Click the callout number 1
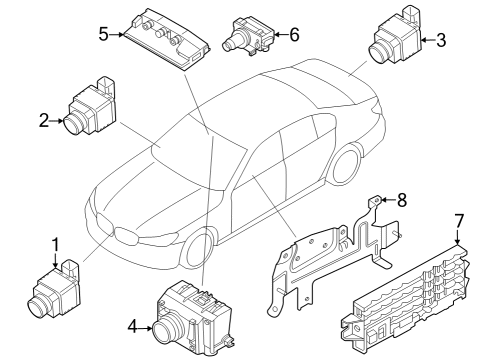click(55, 244)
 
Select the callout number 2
click(44, 121)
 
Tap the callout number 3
click(441, 40)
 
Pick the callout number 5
click(104, 33)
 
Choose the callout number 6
click(293, 33)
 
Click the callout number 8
click(402, 200)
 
